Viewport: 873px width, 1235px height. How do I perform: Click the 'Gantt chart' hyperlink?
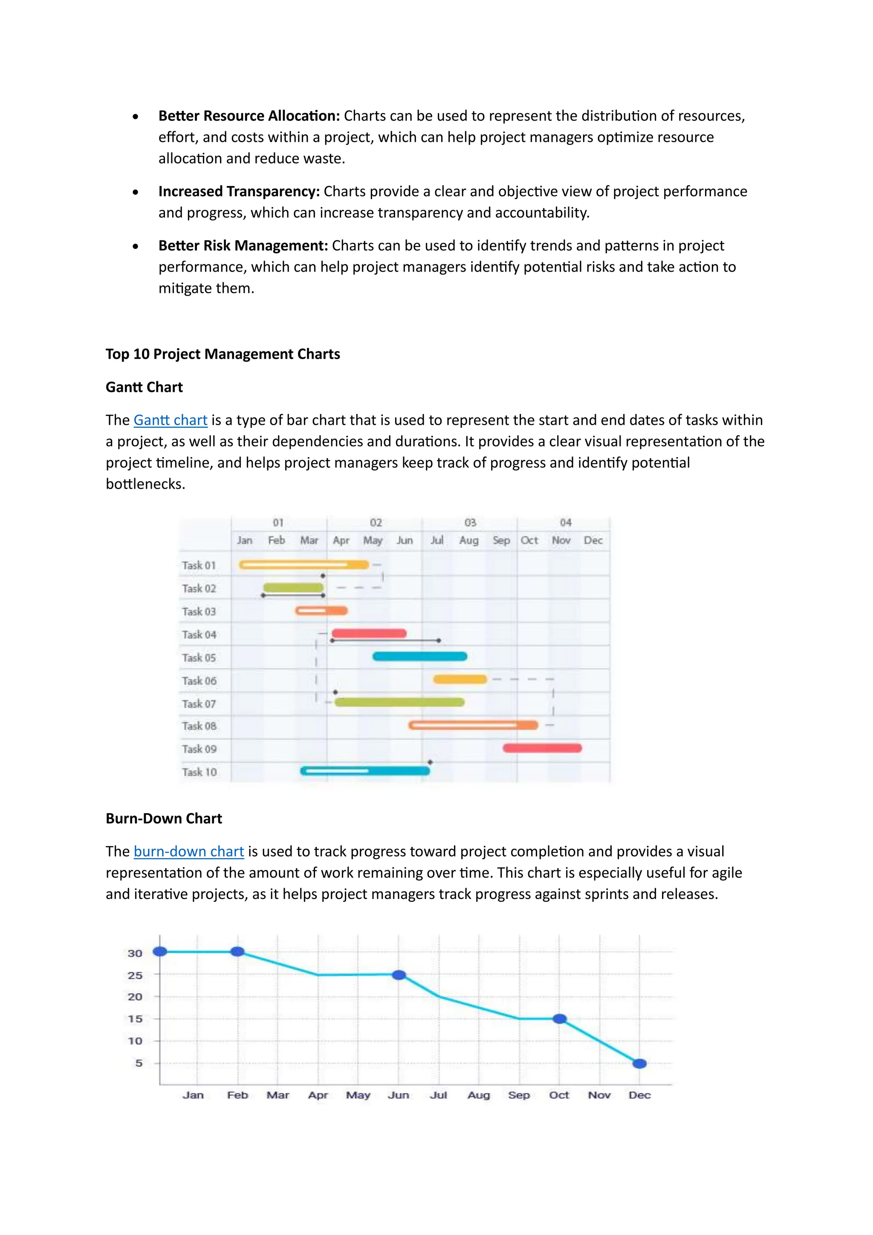[x=171, y=420]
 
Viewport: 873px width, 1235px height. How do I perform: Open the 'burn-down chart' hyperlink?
[x=189, y=852]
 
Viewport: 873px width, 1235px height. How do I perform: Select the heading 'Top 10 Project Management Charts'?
[x=223, y=354]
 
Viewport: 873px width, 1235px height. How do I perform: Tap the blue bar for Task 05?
[x=420, y=656]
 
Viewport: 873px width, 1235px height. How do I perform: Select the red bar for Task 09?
[x=542, y=748]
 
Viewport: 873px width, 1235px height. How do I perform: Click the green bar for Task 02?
[x=293, y=588]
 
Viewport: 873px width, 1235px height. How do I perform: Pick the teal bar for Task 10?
[x=366, y=771]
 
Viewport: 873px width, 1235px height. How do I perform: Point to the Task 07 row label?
[x=199, y=704]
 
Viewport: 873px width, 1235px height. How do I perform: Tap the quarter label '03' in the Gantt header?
[x=470, y=522]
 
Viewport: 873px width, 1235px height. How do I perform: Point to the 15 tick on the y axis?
[x=135, y=1019]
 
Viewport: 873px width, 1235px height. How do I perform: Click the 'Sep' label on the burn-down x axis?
[x=519, y=1095]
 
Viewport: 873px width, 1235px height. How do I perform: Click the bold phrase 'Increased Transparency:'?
[x=239, y=191]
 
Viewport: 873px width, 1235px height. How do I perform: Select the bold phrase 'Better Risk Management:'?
[x=243, y=246]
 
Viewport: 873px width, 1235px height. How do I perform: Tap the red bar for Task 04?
[x=369, y=633]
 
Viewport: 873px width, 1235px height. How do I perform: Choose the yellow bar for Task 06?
[x=460, y=679]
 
